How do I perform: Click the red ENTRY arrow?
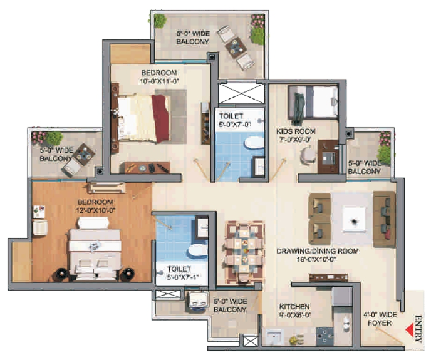click(x=411, y=329)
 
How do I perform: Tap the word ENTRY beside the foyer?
click(x=420, y=329)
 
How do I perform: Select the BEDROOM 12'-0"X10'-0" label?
click(x=95, y=206)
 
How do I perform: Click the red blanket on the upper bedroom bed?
click(x=159, y=118)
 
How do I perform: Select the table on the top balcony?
click(x=236, y=48)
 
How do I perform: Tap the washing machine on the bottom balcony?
click(x=199, y=299)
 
